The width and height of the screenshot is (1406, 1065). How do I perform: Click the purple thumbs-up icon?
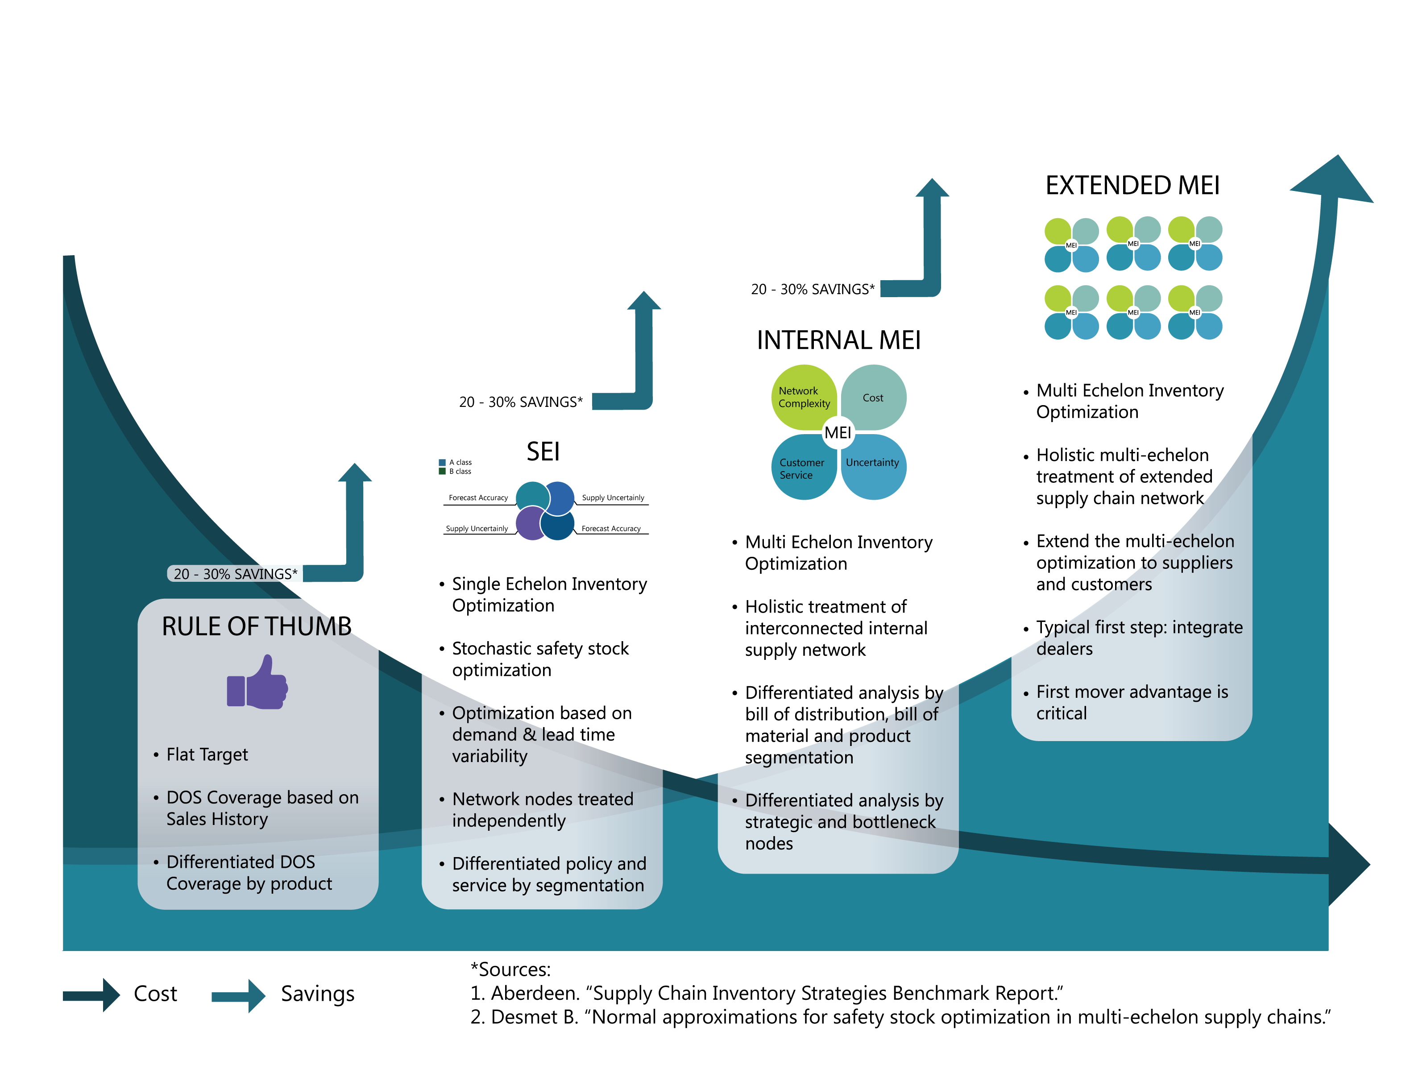coord(257,683)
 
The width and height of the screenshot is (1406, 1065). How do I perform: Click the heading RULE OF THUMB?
coord(256,626)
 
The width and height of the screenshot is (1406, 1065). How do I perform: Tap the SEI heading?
coord(543,452)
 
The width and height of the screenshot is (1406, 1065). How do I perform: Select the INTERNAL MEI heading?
coord(838,340)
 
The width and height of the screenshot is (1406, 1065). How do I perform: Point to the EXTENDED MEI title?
coord(1132,186)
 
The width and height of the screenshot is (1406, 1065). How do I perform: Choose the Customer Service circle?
coord(802,469)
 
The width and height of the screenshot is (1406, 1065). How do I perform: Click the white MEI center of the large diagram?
coord(838,433)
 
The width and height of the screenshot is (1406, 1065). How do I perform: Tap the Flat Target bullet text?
coord(207,754)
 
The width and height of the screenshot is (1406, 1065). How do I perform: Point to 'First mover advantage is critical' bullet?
coord(1132,702)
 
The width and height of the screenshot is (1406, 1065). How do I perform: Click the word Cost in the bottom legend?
coord(155,994)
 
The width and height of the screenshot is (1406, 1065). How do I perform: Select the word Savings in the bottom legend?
coord(317,994)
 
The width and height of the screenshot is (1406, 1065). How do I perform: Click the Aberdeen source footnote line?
coord(766,993)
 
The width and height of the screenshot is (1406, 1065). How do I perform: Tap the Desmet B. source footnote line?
coord(900,1017)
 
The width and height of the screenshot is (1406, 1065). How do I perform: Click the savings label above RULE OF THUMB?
coord(235,574)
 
